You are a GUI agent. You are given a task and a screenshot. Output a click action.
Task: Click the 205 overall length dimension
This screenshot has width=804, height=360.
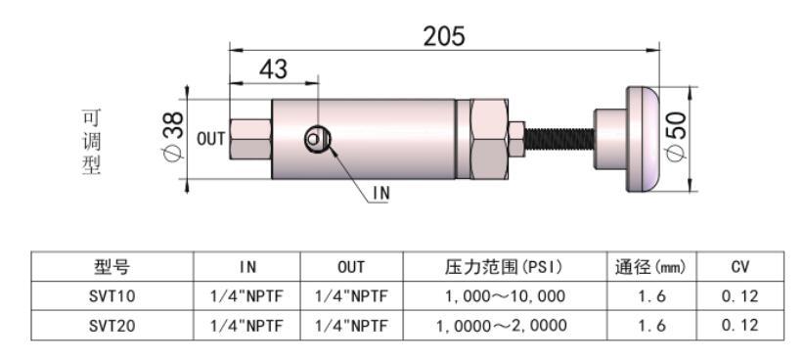(444, 36)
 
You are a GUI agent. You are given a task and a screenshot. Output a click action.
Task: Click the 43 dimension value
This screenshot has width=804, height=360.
(273, 68)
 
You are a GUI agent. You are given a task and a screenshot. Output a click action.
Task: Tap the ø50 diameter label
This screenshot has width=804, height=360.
(676, 138)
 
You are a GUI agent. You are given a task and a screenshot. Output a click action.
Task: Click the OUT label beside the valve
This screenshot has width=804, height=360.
(211, 139)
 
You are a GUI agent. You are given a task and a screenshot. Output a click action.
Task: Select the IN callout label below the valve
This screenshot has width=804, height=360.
(381, 194)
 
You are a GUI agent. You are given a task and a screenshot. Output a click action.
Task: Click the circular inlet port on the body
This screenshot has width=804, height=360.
(318, 139)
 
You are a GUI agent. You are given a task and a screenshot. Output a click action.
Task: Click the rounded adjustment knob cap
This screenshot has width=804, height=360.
(643, 140)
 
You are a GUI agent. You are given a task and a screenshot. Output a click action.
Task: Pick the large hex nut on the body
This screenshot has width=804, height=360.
(489, 140)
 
